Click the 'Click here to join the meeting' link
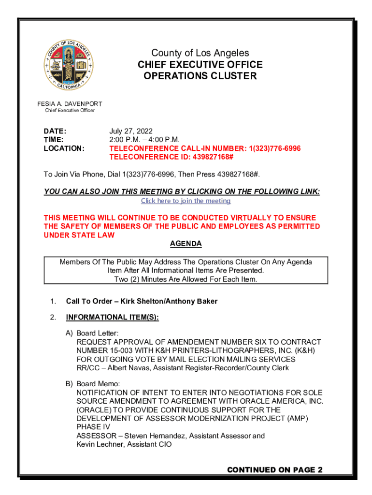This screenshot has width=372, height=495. pyautogui.click(x=186, y=201)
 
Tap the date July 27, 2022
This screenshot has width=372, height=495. pyautogui.click(x=131, y=131)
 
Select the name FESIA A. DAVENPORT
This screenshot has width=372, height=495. pyautogui.click(x=70, y=104)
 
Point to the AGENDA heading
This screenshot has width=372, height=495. pyautogui.click(x=186, y=244)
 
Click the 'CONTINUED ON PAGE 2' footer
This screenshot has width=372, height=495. pyautogui.click(x=274, y=470)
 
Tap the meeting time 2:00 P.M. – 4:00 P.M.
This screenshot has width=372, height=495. pyautogui.click(x=144, y=140)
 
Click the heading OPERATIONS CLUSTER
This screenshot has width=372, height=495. pyautogui.click(x=200, y=76)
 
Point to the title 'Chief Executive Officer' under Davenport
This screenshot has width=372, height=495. pyautogui.click(x=70, y=111)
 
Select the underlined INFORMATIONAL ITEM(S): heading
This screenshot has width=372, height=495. pyautogui.click(x=112, y=318)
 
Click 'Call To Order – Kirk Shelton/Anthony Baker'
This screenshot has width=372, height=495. pyautogui.click(x=142, y=301)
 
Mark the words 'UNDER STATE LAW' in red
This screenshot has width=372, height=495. pyautogui.click(x=79, y=235)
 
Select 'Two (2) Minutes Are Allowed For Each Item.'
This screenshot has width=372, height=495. pyautogui.click(x=186, y=279)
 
